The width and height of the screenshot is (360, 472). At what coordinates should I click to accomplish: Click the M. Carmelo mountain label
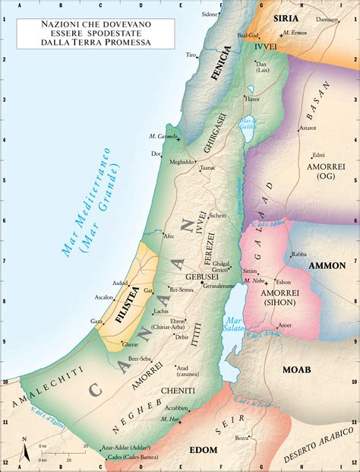[163, 136]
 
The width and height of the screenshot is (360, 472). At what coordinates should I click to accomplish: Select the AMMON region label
[327, 265]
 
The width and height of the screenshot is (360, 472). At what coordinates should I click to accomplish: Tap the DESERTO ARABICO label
[319, 445]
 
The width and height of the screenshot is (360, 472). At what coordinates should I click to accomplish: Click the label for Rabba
[298, 255]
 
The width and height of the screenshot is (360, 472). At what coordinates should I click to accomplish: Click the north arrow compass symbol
[24, 449]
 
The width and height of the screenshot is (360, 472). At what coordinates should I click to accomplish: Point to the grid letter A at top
[45, 5]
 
